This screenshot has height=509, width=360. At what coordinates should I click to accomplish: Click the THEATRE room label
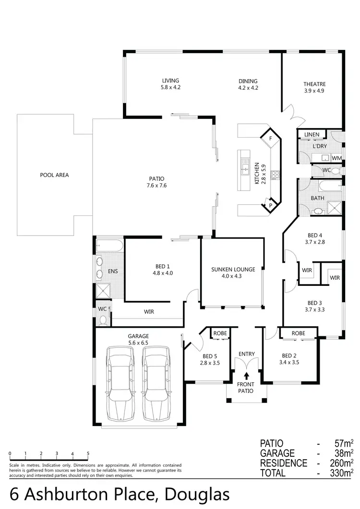coord(314,84)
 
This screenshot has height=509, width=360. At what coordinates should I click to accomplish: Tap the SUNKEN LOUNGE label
coord(233,270)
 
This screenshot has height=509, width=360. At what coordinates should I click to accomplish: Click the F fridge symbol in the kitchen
coord(270,139)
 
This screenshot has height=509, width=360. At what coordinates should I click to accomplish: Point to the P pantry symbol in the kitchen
coord(270,206)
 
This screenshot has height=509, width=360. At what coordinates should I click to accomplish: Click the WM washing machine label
coord(336,158)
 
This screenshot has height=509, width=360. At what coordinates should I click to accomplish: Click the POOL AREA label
coord(54,175)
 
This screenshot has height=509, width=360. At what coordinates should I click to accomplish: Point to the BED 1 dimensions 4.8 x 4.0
coord(162,273)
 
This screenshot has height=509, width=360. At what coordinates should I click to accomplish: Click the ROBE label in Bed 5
coord(220,332)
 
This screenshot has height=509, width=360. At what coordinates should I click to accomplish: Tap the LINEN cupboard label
coord(309,134)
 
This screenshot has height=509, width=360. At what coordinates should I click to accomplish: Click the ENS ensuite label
coord(113,272)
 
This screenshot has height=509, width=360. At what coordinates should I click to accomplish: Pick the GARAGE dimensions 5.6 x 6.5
coord(138,343)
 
